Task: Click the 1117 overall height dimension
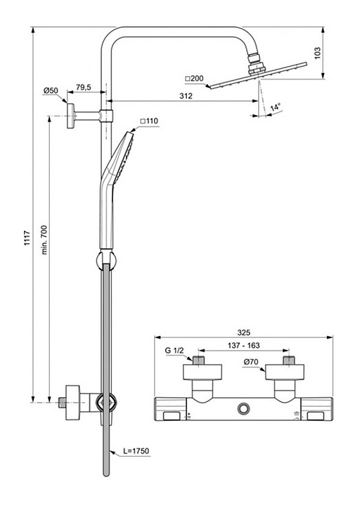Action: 27,238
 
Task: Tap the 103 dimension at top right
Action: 317,53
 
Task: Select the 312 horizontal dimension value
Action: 186,96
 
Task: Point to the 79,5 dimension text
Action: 84,87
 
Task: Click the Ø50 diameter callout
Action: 51,91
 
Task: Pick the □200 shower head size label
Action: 194,79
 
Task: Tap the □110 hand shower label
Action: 149,121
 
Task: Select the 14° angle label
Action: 275,107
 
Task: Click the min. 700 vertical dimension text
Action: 44,240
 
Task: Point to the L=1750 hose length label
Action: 136,450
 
